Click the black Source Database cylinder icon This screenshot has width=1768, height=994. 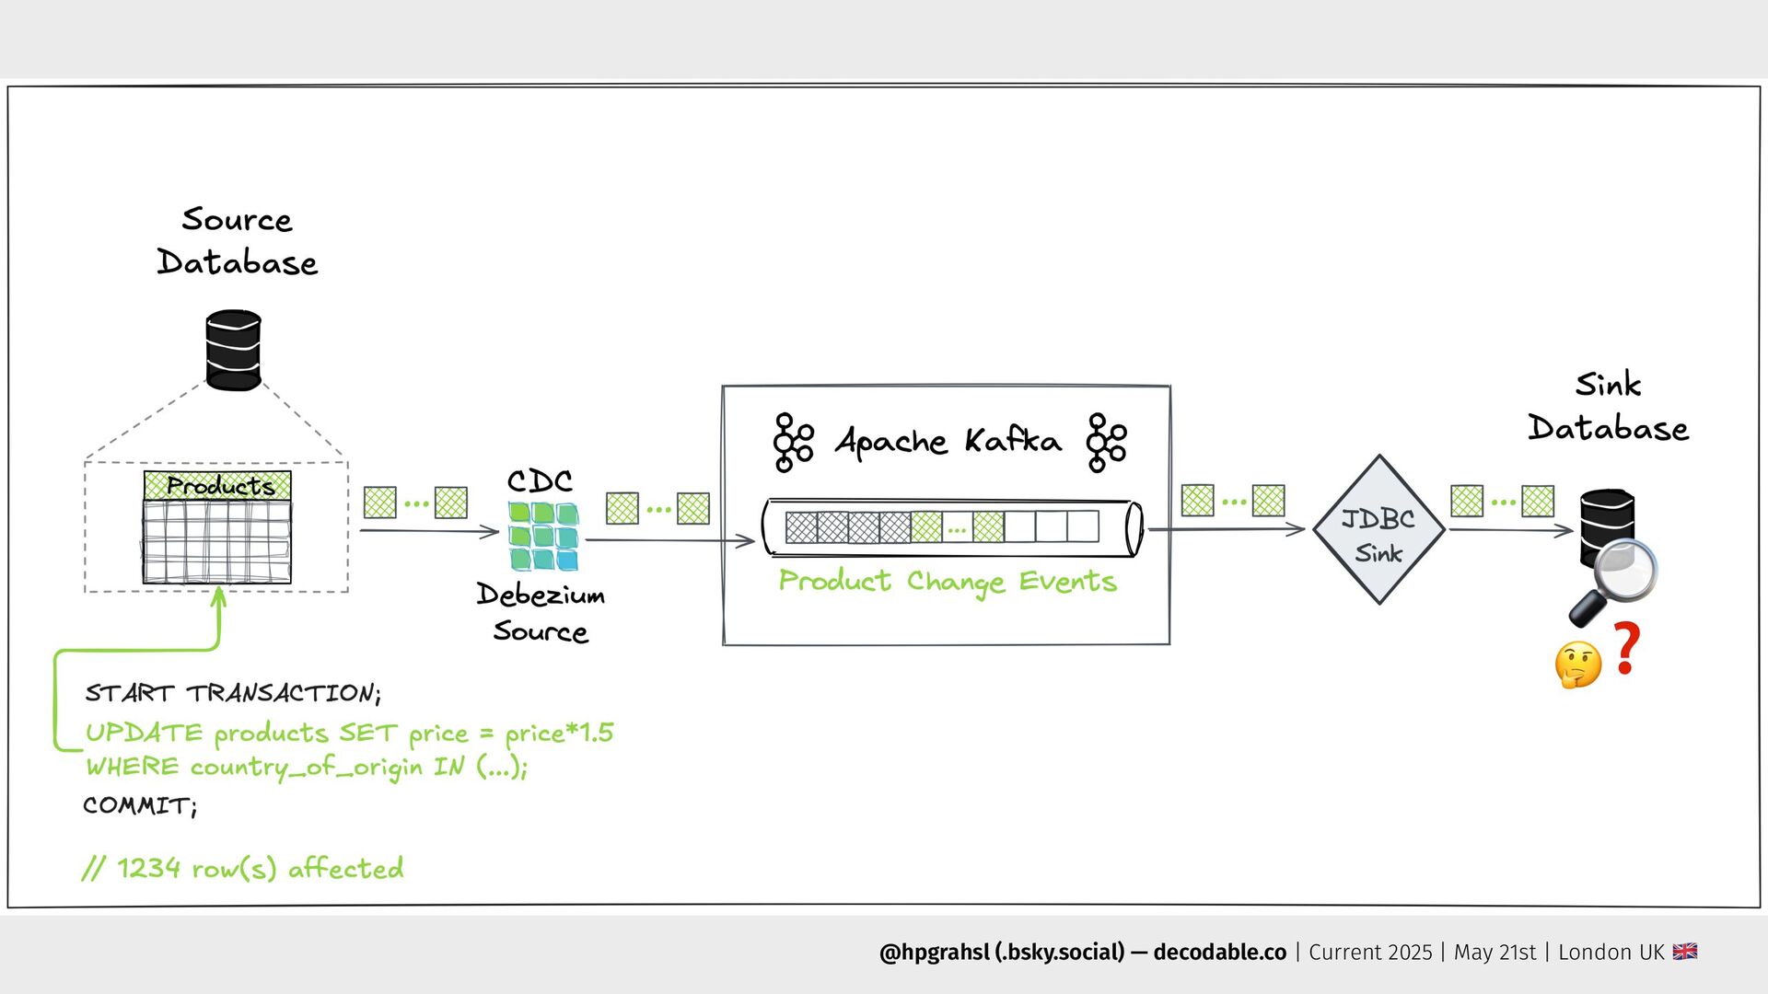click(233, 351)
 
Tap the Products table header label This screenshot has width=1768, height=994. click(220, 486)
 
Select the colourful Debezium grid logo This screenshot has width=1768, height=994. click(543, 536)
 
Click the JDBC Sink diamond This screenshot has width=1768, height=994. click(1378, 531)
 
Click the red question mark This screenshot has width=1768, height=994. click(1627, 648)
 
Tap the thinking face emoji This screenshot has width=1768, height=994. click(1577, 665)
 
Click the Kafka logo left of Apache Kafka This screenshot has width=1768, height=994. click(792, 443)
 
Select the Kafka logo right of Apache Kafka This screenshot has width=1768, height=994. click(1105, 443)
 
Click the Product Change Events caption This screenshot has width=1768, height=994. click(948, 582)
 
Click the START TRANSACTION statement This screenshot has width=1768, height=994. click(232, 693)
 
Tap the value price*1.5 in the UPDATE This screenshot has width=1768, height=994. click(559, 734)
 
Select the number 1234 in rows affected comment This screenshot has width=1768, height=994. click(148, 868)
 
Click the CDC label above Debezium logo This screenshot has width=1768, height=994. click(540, 481)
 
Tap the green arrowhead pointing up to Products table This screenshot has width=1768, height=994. click(219, 596)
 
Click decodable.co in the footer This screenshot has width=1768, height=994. click(1219, 953)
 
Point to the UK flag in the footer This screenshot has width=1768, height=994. click(1685, 952)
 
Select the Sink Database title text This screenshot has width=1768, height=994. click(1608, 407)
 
